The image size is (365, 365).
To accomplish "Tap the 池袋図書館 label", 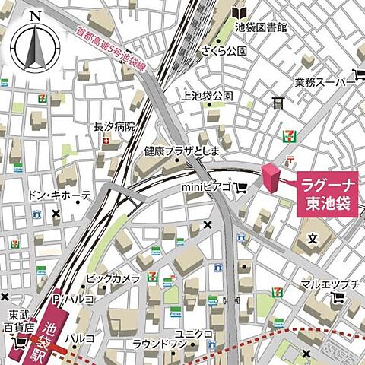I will coord(261,27).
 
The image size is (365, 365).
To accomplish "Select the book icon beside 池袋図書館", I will coord(240,12).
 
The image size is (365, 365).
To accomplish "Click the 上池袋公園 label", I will coord(207,96).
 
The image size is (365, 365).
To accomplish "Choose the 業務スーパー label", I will coord(320,81).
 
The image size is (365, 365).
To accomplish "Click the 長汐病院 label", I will coord(114,126).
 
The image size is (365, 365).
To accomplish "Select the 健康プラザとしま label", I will coord(182,151).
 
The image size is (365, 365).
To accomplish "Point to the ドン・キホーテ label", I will coord(59,195).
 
